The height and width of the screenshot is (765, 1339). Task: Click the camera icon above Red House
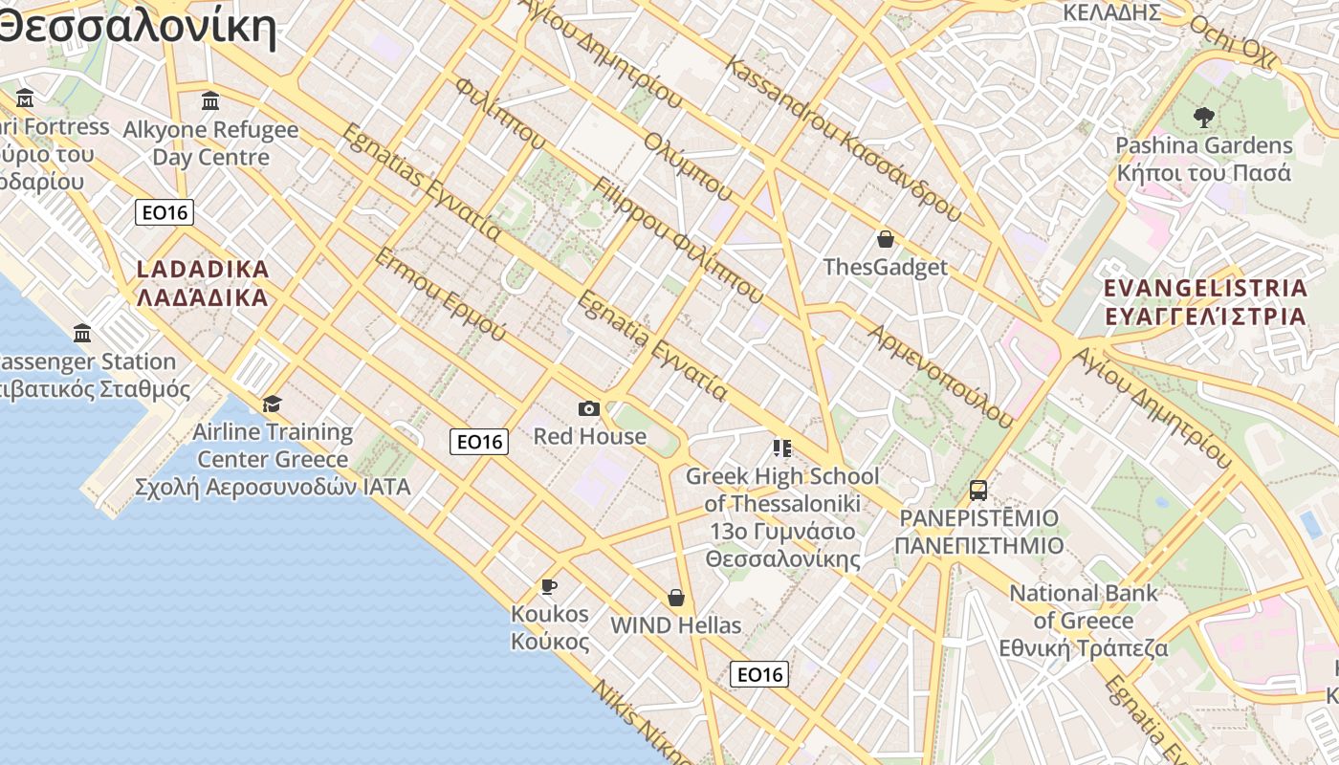click(x=589, y=409)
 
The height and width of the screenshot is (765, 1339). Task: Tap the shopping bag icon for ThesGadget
click(x=886, y=239)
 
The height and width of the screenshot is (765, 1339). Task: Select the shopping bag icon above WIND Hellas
click(x=676, y=598)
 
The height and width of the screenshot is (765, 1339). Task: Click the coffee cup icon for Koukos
click(x=548, y=585)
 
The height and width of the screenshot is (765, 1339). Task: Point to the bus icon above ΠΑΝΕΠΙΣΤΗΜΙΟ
click(x=977, y=491)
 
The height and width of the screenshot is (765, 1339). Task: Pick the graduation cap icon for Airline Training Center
click(x=273, y=404)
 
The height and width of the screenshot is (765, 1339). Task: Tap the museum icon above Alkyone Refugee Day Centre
click(x=210, y=100)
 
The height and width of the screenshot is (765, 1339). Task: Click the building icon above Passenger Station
click(x=82, y=333)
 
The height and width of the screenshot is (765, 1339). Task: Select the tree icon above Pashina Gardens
click(x=1204, y=118)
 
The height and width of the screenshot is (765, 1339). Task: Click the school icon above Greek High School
click(x=782, y=448)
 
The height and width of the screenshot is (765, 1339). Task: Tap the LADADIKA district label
click(x=203, y=283)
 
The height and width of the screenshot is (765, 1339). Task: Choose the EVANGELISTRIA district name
click(x=1205, y=302)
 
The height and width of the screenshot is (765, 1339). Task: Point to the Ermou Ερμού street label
click(x=439, y=294)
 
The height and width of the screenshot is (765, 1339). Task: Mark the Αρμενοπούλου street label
click(x=940, y=376)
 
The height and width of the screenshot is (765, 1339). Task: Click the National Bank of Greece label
click(x=1084, y=620)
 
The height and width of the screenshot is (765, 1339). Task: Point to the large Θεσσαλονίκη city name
click(x=134, y=26)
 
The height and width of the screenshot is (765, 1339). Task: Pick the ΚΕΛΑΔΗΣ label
click(x=1112, y=12)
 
